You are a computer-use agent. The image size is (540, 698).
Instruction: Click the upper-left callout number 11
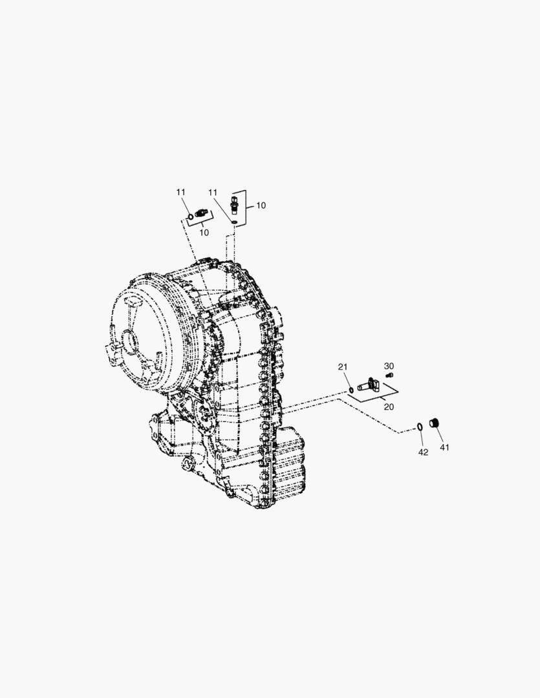click(180, 192)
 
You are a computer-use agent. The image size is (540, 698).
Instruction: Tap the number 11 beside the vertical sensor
click(213, 193)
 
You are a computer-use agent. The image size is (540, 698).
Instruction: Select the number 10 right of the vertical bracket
click(261, 206)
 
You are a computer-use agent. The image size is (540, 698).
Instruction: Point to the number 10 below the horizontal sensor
click(204, 233)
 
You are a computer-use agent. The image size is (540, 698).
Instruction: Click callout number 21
click(342, 367)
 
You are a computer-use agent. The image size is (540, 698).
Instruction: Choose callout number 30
click(389, 366)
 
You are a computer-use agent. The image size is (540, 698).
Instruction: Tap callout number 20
click(389, 407)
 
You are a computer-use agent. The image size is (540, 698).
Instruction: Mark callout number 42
click(423, 452)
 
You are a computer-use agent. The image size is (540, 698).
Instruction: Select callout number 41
click(445, 447)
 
